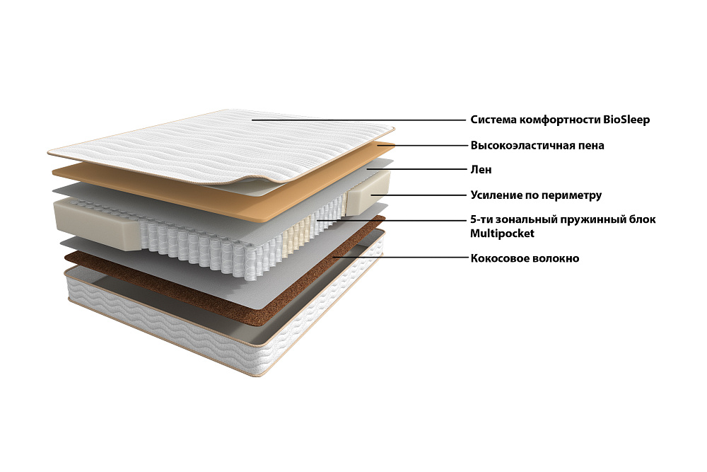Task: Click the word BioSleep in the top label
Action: click(626, 120)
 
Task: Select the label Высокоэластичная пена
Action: click(537, 146)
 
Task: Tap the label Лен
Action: click(481, 170)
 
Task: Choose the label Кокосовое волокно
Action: click(525, 258)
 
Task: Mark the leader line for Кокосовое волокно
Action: click(399, 258)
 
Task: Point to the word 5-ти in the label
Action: click(482, 219)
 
